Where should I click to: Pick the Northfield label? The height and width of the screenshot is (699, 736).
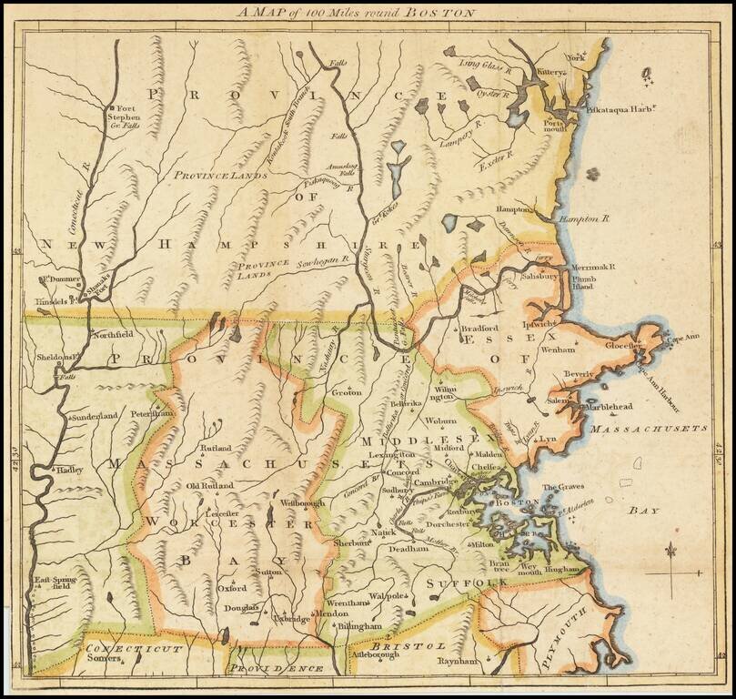(113, 334)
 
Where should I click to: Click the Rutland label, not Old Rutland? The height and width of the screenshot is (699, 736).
(217, 448)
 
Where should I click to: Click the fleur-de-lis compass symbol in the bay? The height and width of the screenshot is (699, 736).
(671, 551)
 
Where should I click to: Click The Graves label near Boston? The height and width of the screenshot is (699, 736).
(562, 488)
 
